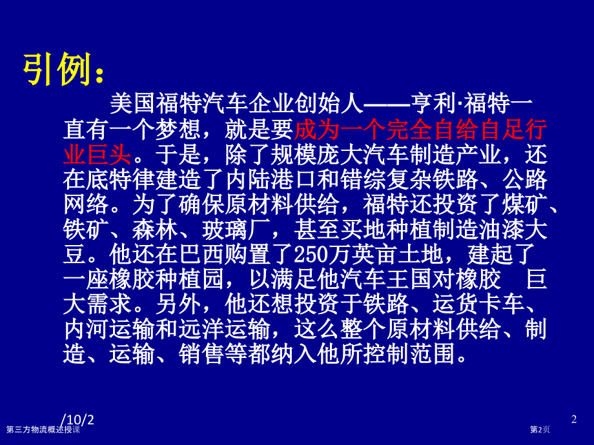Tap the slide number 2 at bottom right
(574, 420)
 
